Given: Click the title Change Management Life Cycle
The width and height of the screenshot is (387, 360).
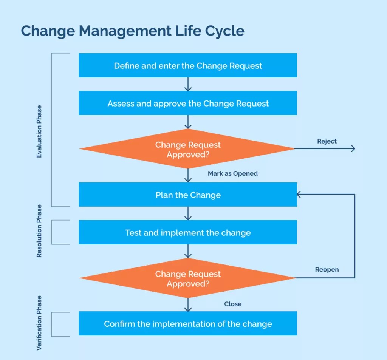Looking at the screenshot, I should tap(133, 31).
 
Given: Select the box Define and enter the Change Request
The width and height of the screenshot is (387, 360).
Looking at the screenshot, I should tap(188, 65).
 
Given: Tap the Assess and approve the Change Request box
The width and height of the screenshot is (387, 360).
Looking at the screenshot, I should tap(188, 103).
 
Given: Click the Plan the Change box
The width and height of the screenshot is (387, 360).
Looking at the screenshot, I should tap(188, 195).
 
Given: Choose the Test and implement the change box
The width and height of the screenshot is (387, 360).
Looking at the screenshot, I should tap(188, 232).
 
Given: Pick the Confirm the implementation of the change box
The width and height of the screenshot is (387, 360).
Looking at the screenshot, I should tap(188, 324).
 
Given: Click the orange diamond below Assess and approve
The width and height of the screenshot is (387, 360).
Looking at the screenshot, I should tap(188, 149).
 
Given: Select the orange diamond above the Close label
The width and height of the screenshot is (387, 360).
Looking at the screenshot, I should tap(188, 278).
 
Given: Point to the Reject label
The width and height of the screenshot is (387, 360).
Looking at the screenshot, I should tap(327, 141).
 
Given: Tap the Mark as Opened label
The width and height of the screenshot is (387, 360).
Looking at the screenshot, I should tap(233, 173).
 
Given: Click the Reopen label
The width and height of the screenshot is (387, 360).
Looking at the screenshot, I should tap(327, 270).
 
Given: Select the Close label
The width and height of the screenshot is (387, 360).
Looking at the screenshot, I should tap(233, 304).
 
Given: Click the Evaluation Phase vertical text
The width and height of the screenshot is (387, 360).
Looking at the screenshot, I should tap(39, 131).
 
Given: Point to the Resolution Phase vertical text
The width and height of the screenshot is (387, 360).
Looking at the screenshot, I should tap(39, 231).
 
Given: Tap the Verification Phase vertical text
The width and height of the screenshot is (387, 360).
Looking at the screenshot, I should tap(39, 323).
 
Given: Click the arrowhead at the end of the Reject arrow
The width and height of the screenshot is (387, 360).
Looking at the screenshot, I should tap(353, 149).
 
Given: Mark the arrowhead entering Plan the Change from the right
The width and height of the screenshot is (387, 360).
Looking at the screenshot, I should tap(299, 195).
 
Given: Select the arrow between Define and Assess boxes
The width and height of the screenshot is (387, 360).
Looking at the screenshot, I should tap(188, 84).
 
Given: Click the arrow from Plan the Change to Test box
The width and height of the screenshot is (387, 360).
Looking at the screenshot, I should tap(188, 213).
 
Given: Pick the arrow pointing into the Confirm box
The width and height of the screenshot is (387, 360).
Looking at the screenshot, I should tap(188, 305).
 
